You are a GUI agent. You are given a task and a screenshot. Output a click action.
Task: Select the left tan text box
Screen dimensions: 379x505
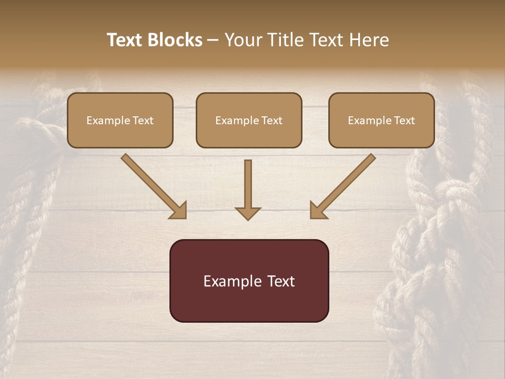click(120, 121)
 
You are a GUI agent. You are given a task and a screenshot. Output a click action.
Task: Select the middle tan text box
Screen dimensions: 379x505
click(249, 121)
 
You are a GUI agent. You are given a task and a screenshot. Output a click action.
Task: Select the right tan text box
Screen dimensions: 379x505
click(381, 121)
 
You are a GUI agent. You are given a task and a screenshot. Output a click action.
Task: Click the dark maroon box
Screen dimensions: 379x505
click(249, 281)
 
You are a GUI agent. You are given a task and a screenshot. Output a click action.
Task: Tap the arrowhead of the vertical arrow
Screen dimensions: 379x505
click(248, 213)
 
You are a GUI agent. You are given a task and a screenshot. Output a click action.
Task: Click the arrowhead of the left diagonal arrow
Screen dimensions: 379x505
click(179, 211)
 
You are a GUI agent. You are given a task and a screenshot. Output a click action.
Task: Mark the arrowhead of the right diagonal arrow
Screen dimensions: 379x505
click(317, 211)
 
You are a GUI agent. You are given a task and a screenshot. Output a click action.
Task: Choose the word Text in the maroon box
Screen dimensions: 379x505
click(280, 281)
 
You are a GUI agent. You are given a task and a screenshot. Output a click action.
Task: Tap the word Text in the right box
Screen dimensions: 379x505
click(404, 121)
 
